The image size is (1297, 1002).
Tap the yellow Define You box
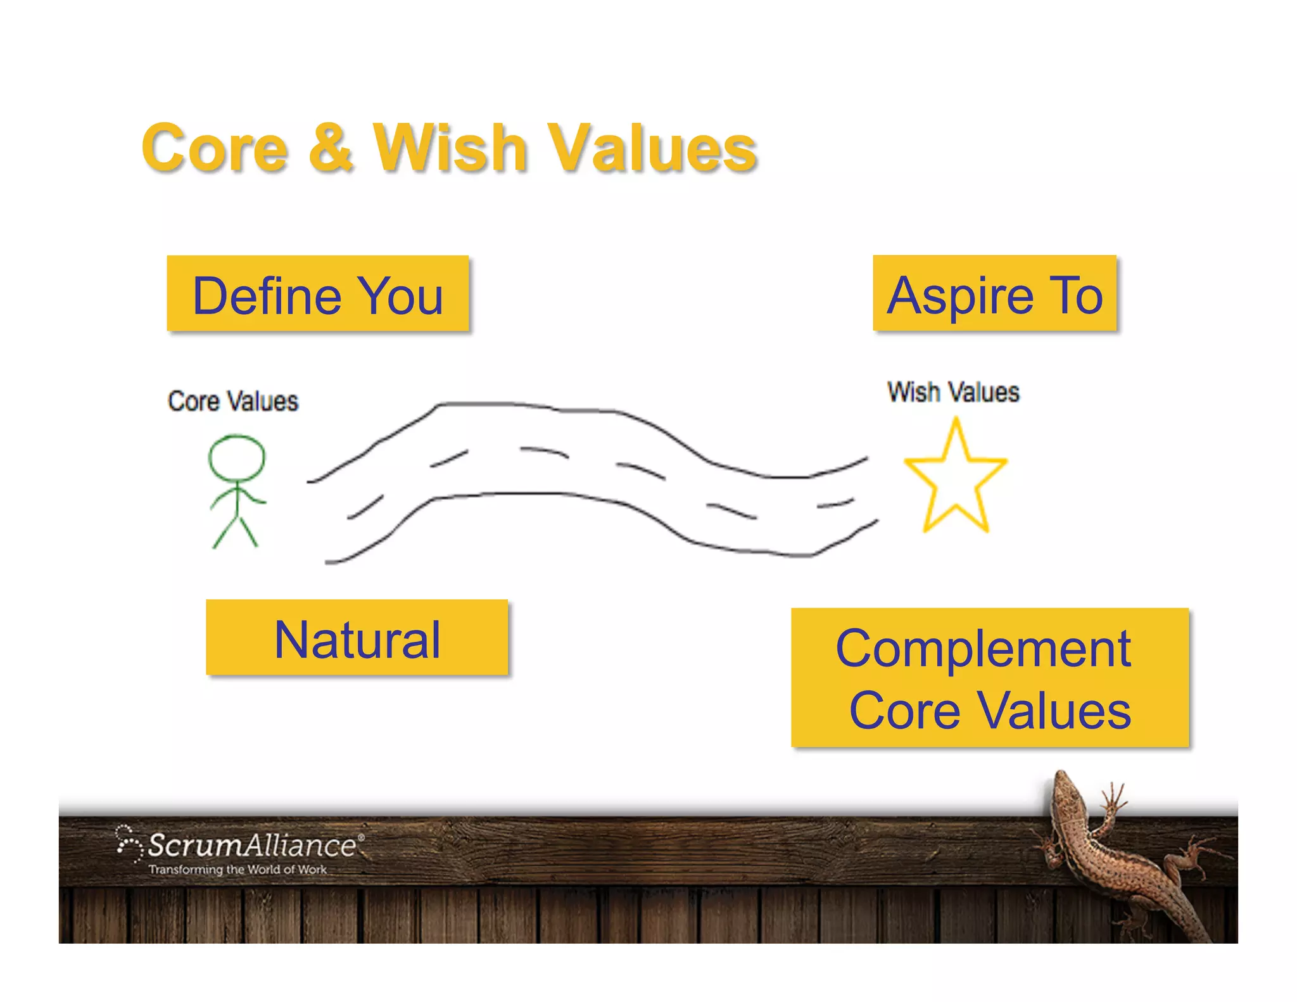pos(317,294)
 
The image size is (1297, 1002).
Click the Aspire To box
pos(994,293)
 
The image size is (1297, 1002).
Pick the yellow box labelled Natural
pos(357,638)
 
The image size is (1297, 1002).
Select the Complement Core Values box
pos(989,678)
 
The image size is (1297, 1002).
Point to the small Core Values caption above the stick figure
pos(232,401)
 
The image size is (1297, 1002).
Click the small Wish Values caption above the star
pos(953,392)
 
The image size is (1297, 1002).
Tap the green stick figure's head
pos(237,457)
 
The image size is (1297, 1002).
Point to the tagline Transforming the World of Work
pos(237,870)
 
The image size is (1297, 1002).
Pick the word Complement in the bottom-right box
pos(983,649)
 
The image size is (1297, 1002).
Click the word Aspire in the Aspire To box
pos(960,295)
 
